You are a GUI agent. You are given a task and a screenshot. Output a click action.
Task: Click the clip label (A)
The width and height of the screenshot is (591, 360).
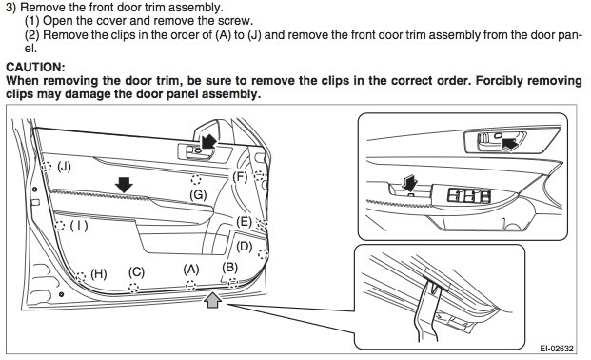point(191,270)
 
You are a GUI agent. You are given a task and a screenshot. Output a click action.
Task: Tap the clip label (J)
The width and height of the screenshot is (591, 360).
point(64,166)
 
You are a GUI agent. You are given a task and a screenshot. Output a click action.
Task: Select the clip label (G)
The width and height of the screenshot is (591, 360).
point(198,194)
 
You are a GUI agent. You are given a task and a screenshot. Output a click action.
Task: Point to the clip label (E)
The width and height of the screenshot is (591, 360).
point(244,222)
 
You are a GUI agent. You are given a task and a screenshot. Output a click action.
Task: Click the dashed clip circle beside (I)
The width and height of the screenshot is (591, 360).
point(60,226)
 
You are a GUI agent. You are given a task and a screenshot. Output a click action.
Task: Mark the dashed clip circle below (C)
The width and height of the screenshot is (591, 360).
point(134,288)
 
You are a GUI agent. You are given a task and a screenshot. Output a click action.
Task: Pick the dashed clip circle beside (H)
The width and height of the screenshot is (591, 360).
point(80,277)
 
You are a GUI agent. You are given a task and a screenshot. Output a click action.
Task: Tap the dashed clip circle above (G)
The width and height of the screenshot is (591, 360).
point(196,179)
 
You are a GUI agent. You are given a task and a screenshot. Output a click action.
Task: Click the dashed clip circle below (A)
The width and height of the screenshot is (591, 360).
point(190,286)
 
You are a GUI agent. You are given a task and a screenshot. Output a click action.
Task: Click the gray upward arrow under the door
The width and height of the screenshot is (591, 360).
point(212,301)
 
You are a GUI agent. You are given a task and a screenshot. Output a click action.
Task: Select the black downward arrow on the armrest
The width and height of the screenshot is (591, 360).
point(124,185)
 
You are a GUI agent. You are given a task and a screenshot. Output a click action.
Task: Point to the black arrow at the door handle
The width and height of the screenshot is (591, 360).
point(208,143)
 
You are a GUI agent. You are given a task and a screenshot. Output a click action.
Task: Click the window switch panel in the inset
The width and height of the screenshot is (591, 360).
point(469,195)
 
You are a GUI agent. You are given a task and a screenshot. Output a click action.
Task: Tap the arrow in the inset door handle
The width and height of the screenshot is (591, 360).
point(510,144)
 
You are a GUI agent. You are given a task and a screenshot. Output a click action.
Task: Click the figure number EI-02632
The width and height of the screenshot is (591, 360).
point(557,348)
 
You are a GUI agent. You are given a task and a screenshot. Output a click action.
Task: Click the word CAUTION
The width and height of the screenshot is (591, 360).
point(35,68)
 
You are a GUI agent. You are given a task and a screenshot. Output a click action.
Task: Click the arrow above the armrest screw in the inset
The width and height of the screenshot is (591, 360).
point(410,183)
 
